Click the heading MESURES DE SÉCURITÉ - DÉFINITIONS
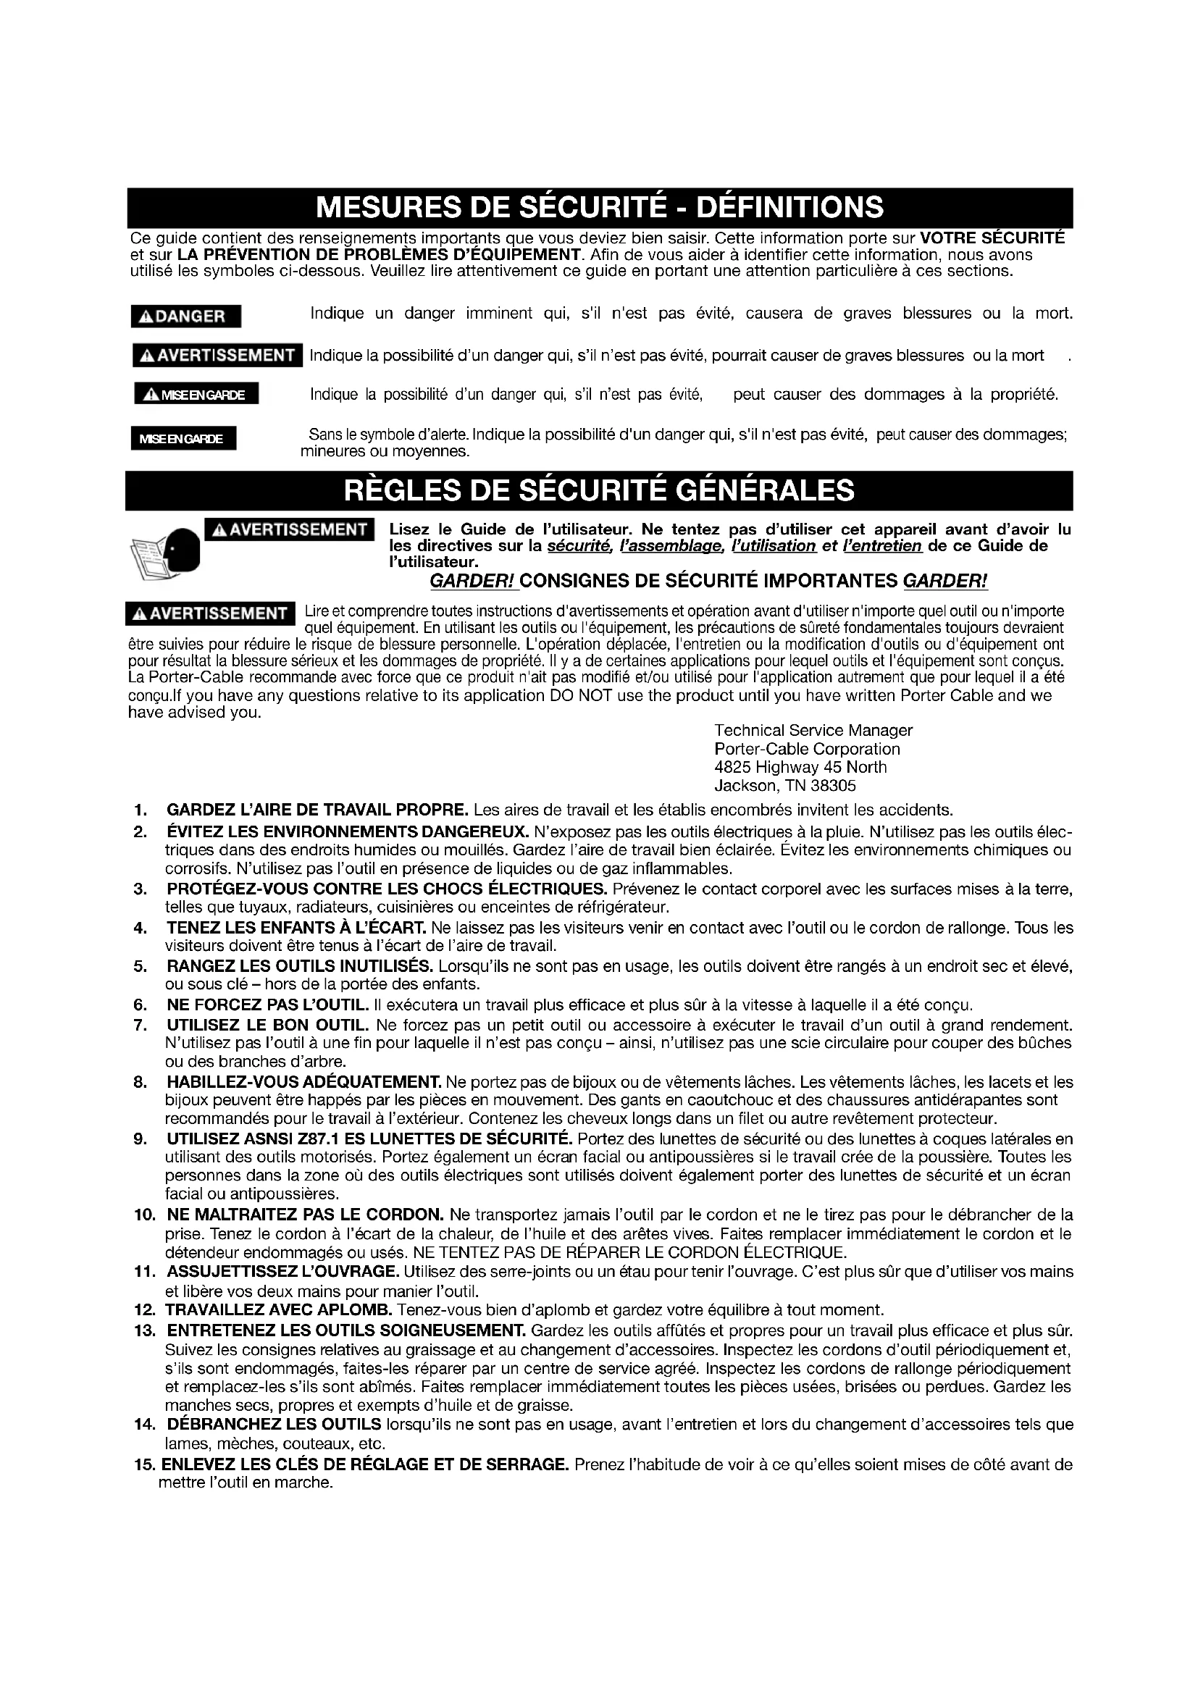click(x=599, y=208)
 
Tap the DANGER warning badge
click(x=186, y=316)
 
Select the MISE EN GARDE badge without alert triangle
click(x=183, y=439)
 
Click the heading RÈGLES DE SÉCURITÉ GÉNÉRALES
click(x=599, y=490)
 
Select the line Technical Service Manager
click(x=813, y=731)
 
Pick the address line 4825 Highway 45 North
click(x=800, y=767)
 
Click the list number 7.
click(x=141, y=1025)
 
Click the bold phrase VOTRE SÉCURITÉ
click(x=993, y=238)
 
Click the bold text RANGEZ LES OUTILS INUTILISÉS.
click(x=300, y=967)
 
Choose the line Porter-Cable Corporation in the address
click(x=807, y=749)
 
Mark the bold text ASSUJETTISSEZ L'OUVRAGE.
click(x=282, y=1271)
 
